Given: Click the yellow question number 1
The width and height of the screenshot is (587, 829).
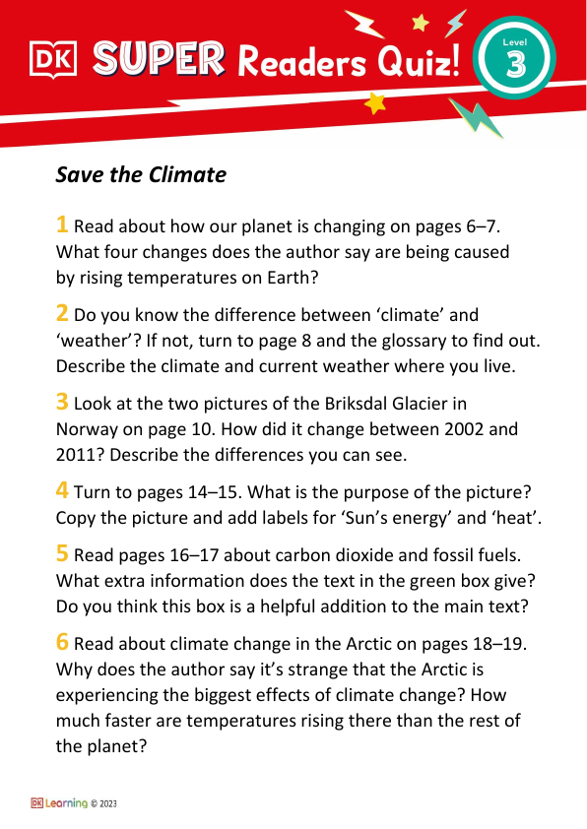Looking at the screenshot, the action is click(63, 224).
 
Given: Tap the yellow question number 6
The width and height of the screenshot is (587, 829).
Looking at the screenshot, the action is click(63, 642).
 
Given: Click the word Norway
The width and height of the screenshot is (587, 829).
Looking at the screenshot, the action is click(90, 429).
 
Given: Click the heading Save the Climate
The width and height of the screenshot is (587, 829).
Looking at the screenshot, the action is click(141, 175).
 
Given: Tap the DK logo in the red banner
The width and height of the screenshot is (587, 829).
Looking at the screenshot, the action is click(52, 60).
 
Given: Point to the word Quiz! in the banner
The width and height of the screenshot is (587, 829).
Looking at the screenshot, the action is click(418, 65).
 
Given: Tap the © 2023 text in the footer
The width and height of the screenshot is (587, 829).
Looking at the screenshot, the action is click(103, 803).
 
